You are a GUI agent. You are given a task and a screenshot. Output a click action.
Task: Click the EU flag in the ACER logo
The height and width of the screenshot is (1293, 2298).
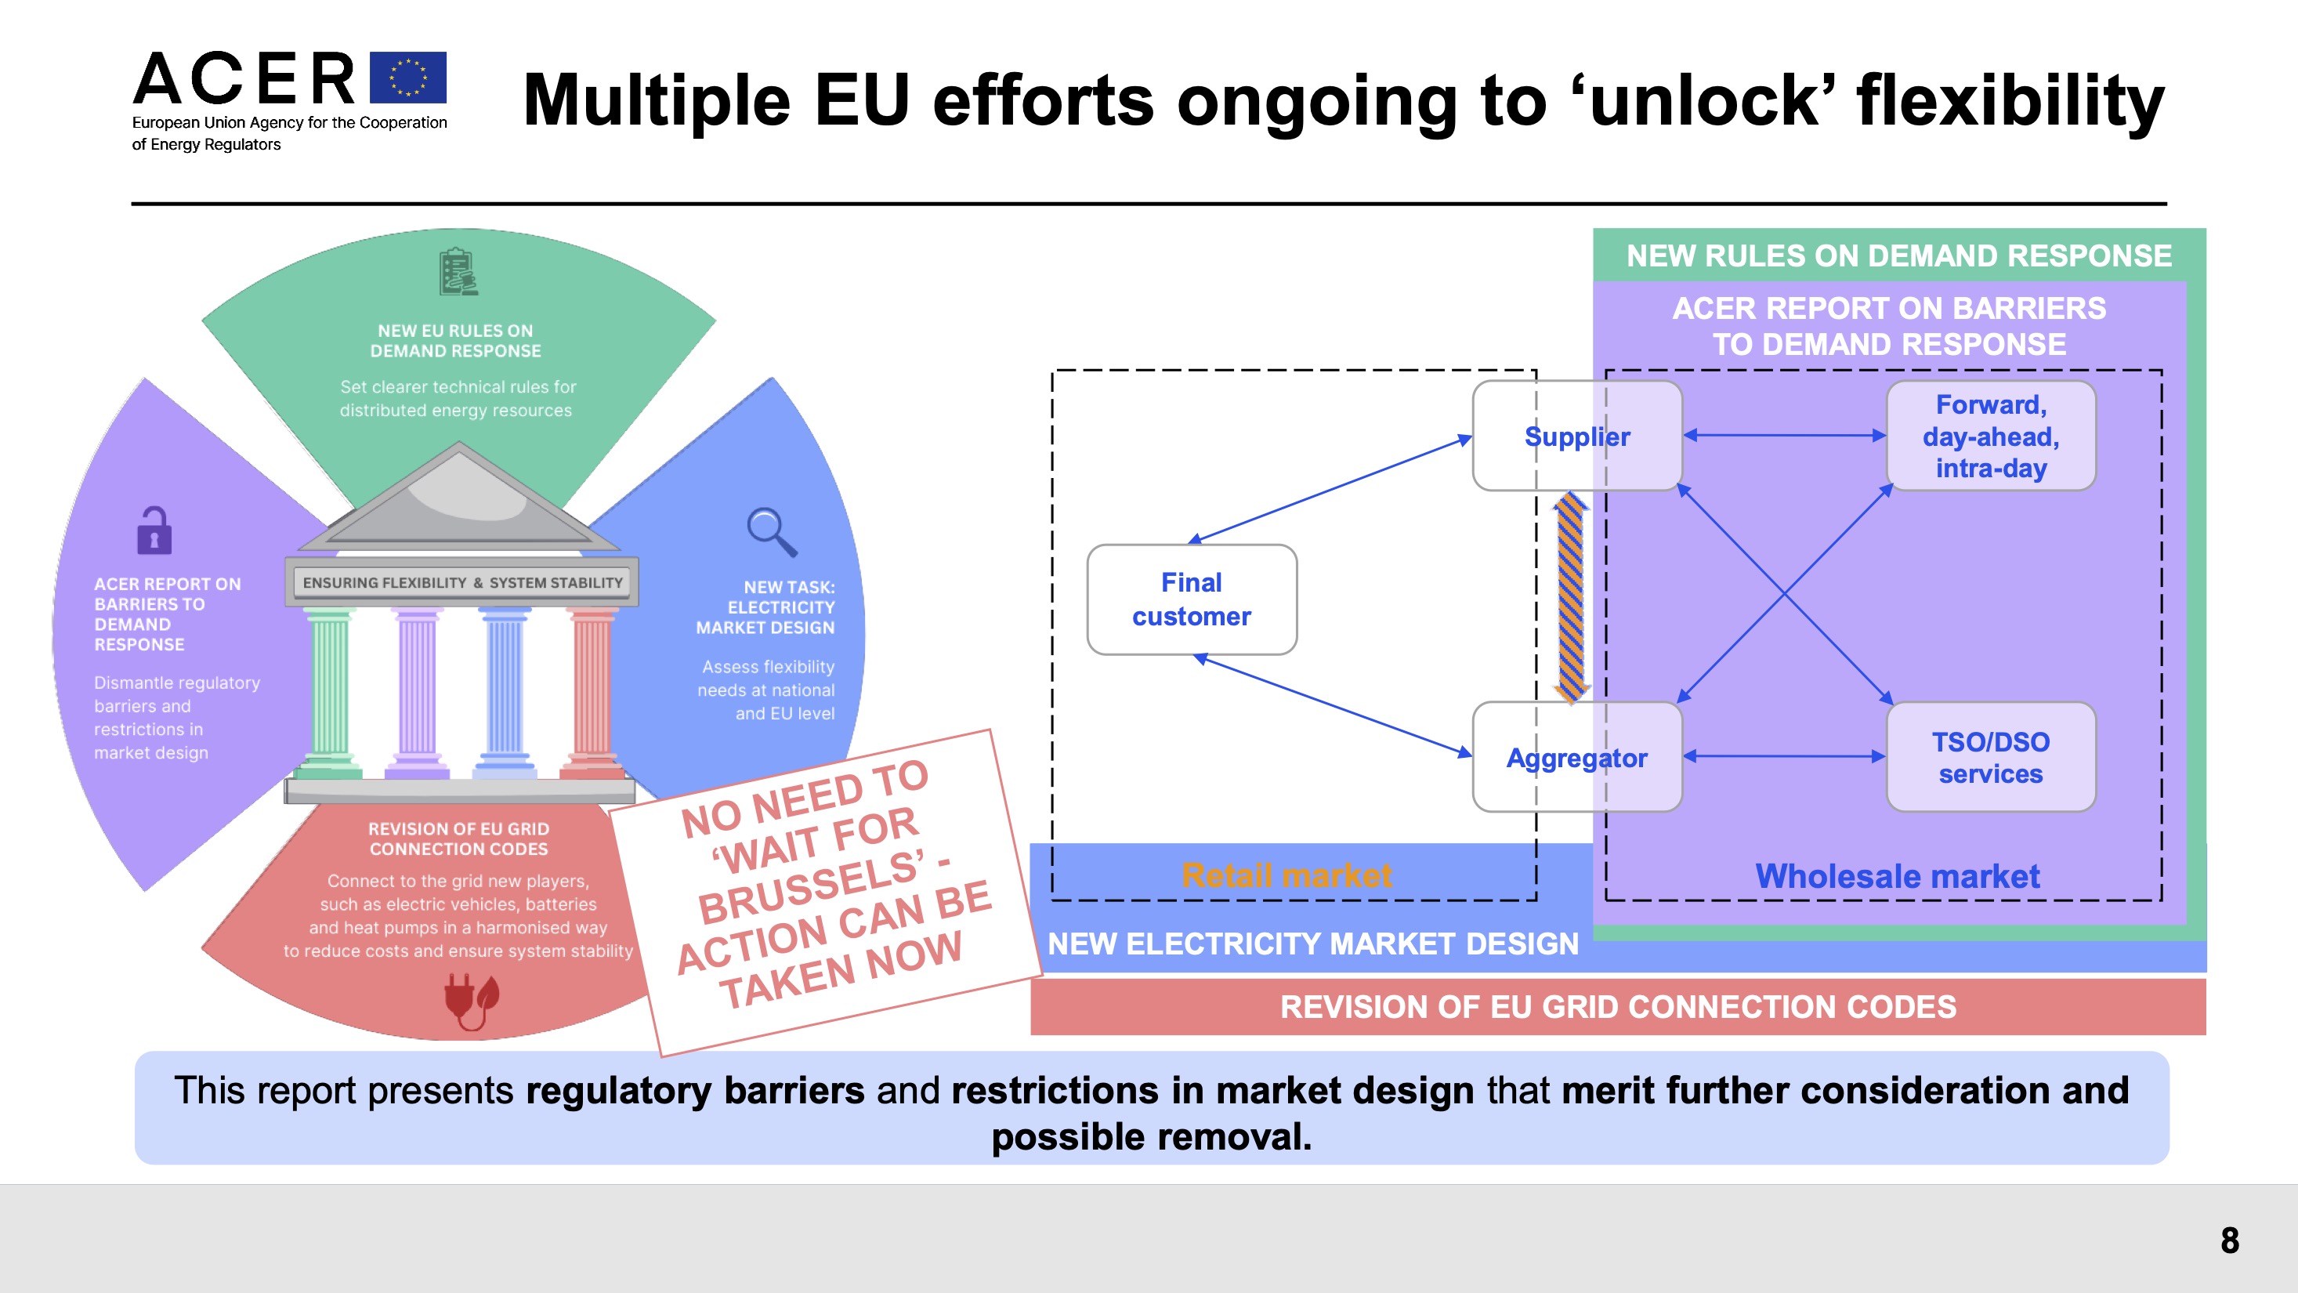[407, 78]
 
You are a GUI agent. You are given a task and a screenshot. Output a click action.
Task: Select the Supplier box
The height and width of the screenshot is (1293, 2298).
[1576, 436]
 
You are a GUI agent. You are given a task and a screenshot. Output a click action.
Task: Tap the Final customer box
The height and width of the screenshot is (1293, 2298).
[1191, 599]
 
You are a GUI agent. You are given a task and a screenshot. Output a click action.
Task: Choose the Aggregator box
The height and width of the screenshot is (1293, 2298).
[1576, 758]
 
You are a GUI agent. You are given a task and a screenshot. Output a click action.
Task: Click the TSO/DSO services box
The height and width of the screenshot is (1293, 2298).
[1990, 758]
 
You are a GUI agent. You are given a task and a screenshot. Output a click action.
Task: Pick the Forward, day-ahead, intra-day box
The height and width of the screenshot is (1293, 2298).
[1990, 436]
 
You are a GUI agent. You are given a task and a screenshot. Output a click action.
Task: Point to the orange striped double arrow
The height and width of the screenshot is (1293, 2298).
[1570, 596]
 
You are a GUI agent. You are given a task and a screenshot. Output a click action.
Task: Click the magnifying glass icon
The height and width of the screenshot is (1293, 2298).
[771, 532]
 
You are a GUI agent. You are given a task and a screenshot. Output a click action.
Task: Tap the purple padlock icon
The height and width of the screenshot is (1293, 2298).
[154, 531]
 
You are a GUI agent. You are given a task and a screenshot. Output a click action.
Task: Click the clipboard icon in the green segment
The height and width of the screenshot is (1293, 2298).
[458, 272]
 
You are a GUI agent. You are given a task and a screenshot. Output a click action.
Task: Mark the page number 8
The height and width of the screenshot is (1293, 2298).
[2229, 1240]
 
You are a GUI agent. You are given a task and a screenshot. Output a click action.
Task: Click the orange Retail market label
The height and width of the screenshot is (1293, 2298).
[1287, 875]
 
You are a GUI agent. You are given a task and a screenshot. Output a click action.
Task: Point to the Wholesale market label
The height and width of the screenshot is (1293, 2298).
[1898, 876]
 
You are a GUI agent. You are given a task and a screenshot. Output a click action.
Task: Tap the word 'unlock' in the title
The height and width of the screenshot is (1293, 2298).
[1704, 100]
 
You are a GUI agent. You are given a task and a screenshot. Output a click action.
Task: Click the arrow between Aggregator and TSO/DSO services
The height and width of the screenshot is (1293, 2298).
[1784, 757]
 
